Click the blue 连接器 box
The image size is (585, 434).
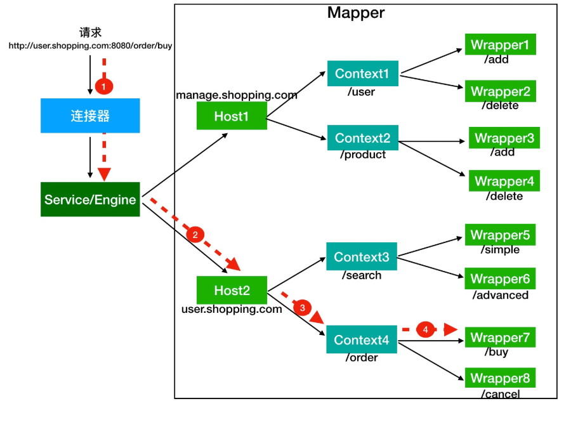90,115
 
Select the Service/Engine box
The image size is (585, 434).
90,200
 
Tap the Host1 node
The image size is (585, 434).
232,116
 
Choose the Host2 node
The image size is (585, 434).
232,291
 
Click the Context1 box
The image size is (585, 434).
362,74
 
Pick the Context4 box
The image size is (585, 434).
362,340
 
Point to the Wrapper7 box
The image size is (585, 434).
500,338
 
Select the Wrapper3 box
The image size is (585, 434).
504,138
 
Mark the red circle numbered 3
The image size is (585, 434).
302,308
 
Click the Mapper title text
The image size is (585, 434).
356,13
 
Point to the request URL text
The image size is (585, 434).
90,46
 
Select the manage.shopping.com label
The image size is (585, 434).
237,95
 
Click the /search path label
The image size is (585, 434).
362,275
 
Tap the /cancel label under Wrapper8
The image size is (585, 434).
501,394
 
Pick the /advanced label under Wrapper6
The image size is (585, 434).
500,295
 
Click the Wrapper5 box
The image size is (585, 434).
500,235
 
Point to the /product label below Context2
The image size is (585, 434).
363,155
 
